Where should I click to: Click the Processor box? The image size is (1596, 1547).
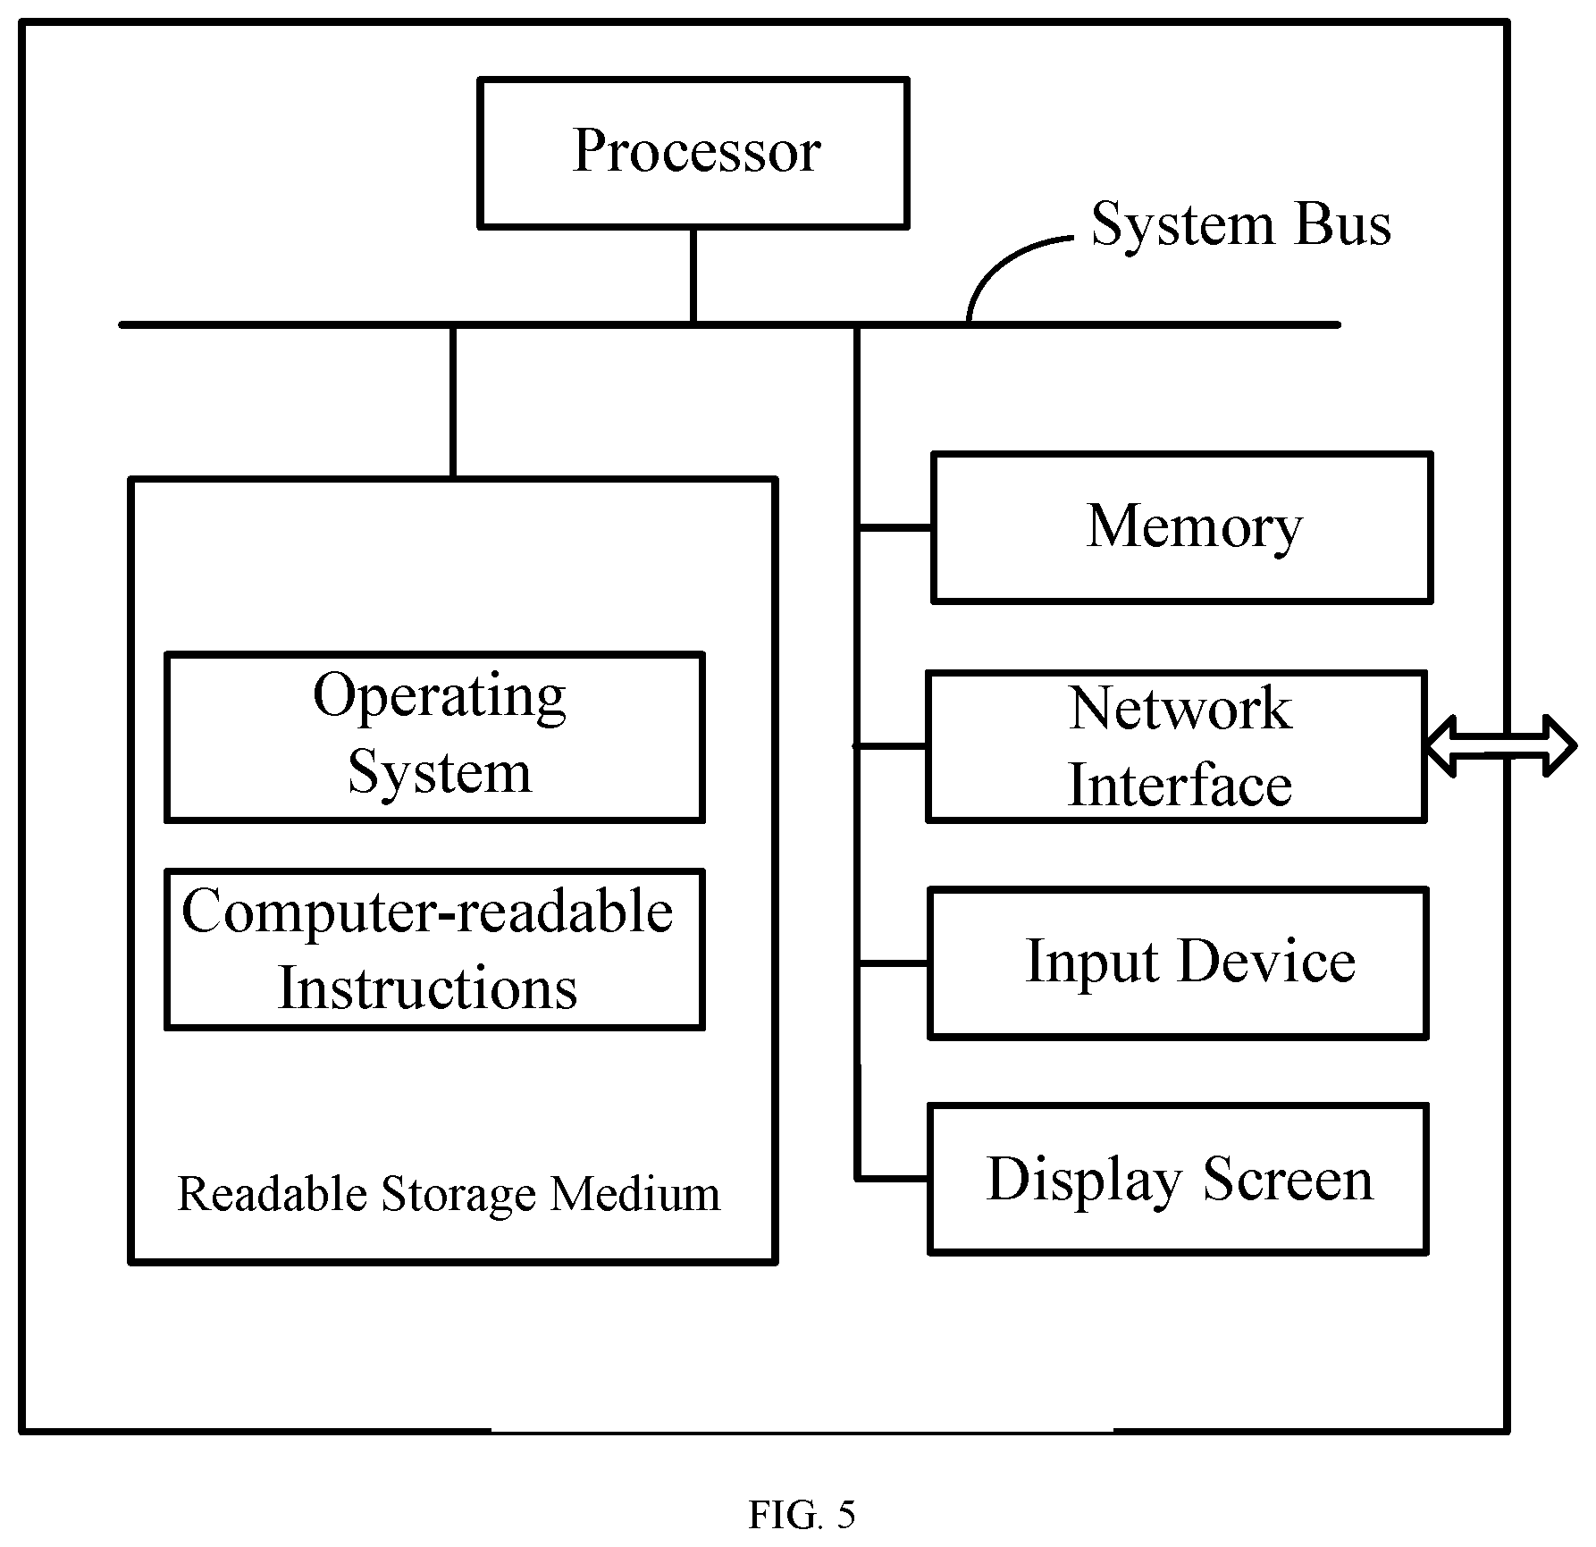click(693, 153)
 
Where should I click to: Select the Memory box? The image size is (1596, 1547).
click(1182, 527)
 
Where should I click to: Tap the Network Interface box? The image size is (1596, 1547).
click(1176, 746)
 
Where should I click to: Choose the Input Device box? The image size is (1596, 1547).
click(1179, 963)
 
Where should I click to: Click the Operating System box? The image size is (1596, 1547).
click(435, 737)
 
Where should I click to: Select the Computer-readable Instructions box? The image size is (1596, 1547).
click(435, 949)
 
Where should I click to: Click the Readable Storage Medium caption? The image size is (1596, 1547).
click(449, 1194)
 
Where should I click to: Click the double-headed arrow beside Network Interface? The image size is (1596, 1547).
click(1500, 746)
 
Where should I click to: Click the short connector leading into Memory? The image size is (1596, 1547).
click(893, 528)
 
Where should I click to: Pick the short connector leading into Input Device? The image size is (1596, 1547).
click(893, 963)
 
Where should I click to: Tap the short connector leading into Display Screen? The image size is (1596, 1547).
click(893, 1179)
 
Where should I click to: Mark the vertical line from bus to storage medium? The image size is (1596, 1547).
click(453, 402)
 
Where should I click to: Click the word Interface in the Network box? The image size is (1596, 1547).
click(1180, 786)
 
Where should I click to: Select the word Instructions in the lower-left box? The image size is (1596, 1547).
click(428, 988)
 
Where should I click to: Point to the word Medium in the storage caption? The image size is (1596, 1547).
click(635, 1194)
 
